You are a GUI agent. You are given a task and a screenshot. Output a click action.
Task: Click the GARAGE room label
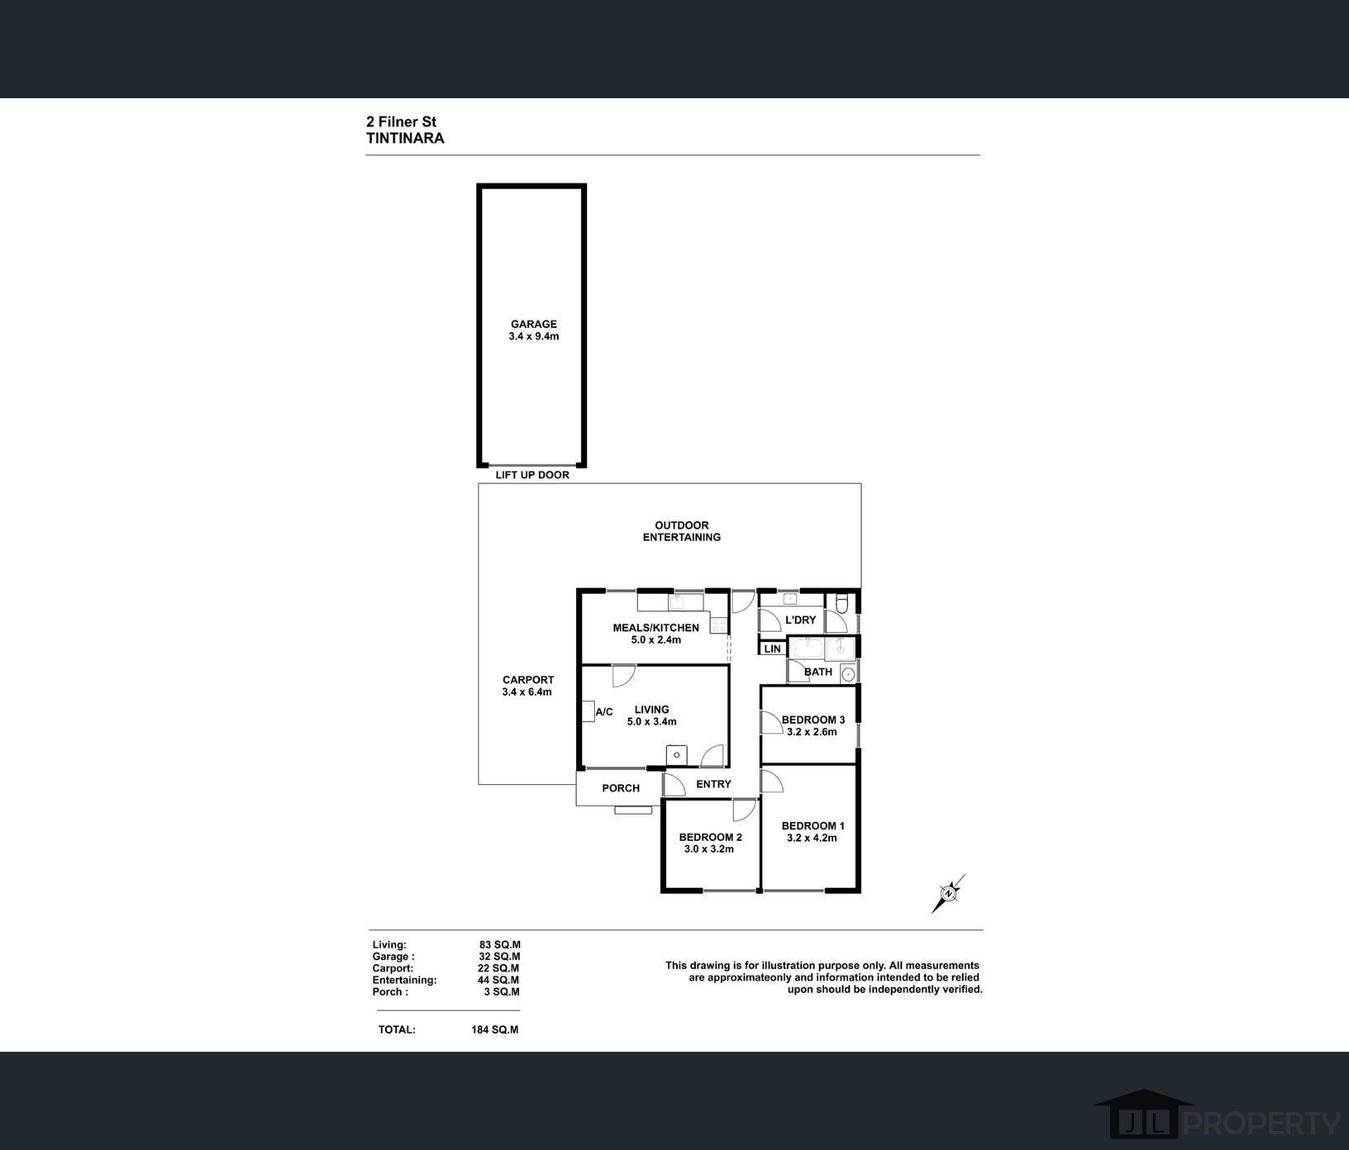(533, 325)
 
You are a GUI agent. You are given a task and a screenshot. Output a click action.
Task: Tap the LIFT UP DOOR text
(531, 475)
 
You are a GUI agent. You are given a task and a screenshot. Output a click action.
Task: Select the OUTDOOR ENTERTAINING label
(681, 531)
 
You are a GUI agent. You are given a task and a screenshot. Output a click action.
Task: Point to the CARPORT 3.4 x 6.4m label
(527, 686)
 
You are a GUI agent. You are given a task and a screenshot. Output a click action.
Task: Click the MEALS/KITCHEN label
(655, 628)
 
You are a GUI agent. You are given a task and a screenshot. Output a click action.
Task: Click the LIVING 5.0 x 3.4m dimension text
(651, 721)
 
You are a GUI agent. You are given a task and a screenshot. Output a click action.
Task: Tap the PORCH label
(620, 788)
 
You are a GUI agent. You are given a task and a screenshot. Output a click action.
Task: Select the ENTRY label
(713, 784)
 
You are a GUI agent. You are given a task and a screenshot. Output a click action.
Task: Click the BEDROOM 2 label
(710, 837)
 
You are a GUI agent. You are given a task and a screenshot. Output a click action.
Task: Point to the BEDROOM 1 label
(813, 825)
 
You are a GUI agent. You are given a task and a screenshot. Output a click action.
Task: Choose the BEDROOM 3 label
(813, 720)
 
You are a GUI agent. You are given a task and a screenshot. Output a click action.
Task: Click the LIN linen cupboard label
(772, 649)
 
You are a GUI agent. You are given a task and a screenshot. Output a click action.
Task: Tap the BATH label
(818, 672)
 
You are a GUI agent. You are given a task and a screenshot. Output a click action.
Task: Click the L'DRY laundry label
(800, 620)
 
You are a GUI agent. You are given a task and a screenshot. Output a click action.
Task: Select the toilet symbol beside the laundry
(841, 605)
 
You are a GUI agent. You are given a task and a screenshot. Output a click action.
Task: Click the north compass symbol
(949, 893)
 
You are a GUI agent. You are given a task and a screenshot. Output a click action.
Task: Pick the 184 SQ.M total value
(494, 1029)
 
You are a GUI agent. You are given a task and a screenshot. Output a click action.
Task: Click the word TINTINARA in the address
(405, 138)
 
